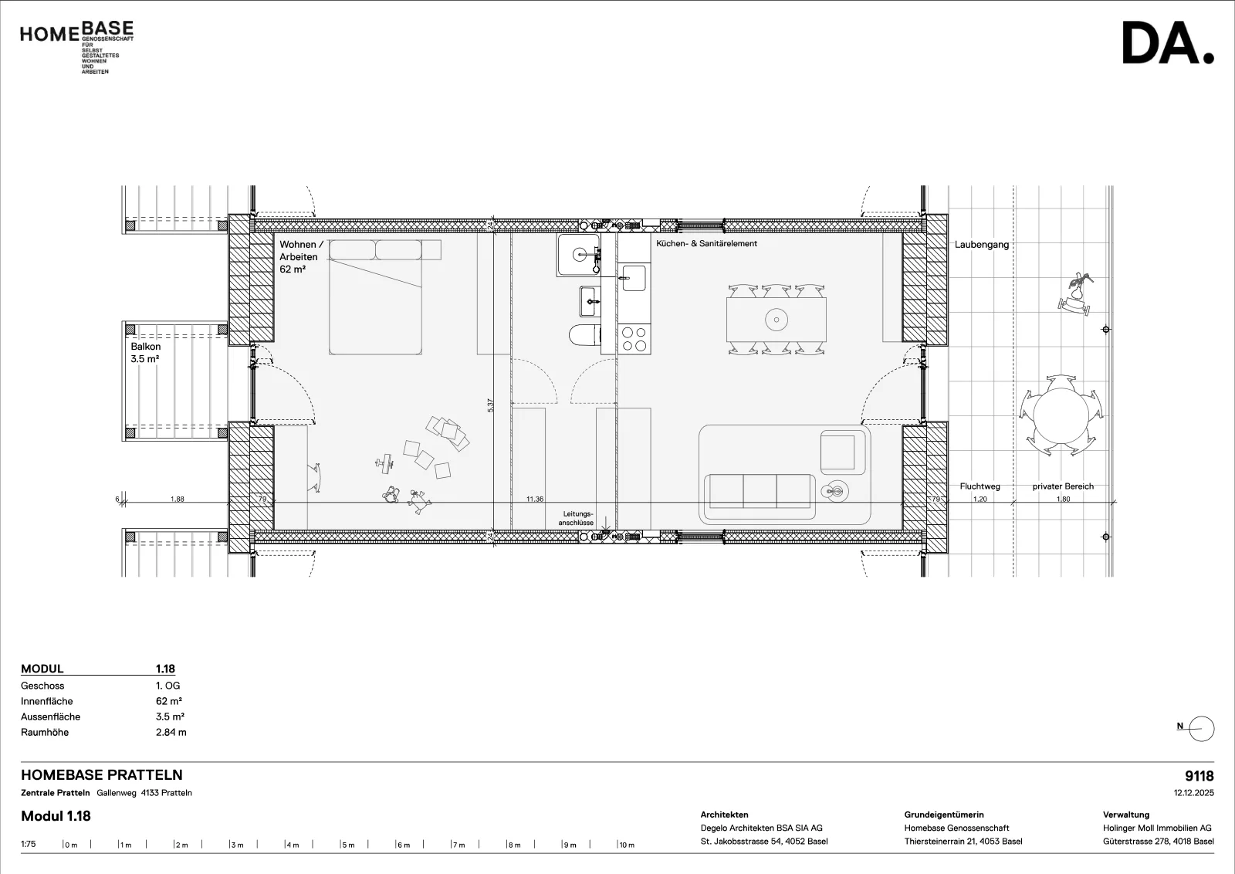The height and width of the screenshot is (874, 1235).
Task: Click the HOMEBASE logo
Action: tap(76, 47)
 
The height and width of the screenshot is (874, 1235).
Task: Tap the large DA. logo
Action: tap(1168, 43)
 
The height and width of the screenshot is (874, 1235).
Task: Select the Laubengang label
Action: tap(981, 244)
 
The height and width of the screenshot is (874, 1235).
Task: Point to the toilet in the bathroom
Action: tap(585, 335)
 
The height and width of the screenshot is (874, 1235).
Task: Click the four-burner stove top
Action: tap(634, 339)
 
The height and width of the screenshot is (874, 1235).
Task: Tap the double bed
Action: tap(375, 297)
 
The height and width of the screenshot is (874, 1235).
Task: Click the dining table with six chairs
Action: tap(777, 320)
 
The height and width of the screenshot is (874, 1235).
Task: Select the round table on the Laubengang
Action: tap(1061, 415)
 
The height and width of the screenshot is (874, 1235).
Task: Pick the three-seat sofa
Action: tap(760, 491)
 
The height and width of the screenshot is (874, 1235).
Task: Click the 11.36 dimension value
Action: tap(534, 499)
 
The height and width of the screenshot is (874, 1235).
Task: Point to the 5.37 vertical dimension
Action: tap(490, 405)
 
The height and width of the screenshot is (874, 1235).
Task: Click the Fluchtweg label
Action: tap(980, 486)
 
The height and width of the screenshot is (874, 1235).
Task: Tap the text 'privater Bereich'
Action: tap(1063, 486)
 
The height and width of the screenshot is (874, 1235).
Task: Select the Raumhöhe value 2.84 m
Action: tap(171, 732)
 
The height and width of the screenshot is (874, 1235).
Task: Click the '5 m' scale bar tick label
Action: tap(349, 845)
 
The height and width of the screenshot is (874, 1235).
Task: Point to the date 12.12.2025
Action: tap(1193, 793)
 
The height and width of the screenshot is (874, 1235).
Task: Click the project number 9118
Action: tap(1199, 776)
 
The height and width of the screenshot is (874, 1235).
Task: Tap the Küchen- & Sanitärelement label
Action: tap(706, 243)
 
